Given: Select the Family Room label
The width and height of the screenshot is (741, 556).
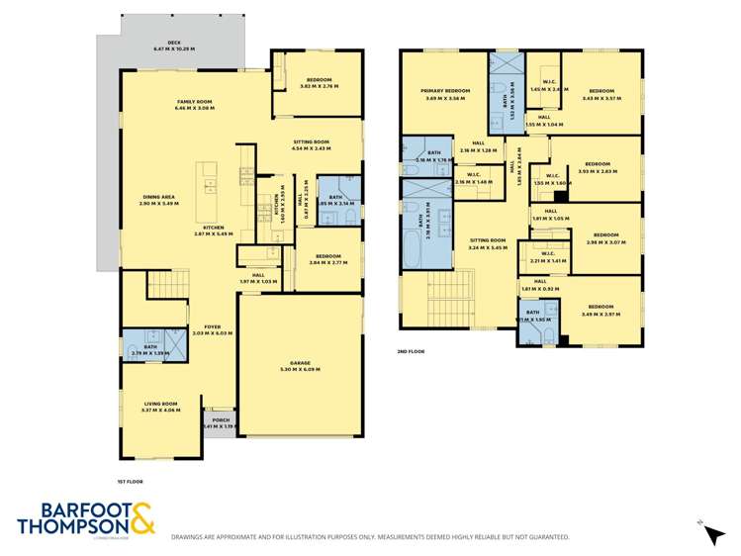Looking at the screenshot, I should pos(195,104).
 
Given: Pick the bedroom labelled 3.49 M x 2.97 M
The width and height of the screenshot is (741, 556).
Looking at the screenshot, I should pos(601,310).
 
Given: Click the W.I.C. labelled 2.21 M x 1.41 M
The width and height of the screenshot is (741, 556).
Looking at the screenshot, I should pos(547,257).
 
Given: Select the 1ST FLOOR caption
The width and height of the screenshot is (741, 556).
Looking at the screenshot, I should pos(131,481).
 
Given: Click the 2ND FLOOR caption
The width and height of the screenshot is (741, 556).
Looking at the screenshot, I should pos(410,350).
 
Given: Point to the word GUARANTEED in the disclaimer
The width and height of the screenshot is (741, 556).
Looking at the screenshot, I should pos(545,537).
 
